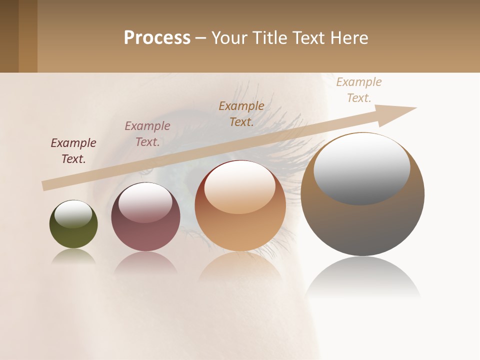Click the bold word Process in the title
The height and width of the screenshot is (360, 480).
pyautogui.click(x=157, y=38)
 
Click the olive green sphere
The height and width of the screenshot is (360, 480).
pyautogui.click(x=73, y=235)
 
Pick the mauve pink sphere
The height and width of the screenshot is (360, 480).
pyautogui.click(x=145, y=235)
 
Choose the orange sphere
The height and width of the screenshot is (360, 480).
pyautogui.click(x=240, y=230)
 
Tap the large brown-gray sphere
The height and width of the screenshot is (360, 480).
pyautogui.click(x=362, y=225)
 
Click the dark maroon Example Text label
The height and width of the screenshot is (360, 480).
pyautogui.click(x=73, y=150)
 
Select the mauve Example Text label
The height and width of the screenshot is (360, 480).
pyautogui.click(x=147, y=133)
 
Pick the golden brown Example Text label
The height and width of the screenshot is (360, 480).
pyautogui.click(x=241, y=113)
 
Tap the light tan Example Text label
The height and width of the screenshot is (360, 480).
pyautogui.click(x=359, y=89)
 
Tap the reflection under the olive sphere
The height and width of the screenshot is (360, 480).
pyautogui.click(x=73, y=256)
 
